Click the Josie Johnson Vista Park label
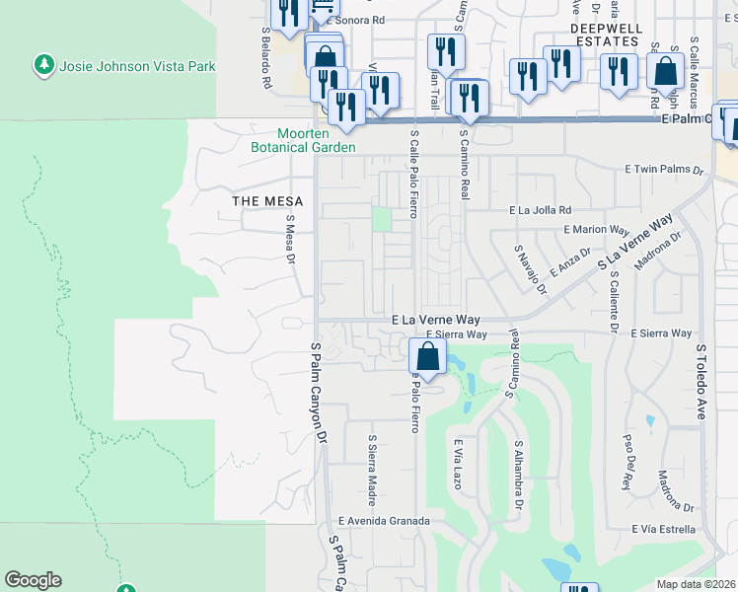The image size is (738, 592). (137, 67)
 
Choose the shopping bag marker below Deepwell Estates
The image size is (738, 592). (666, 71)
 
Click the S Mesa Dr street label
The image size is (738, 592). (290, 241)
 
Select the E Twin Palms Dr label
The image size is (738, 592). (667, 170)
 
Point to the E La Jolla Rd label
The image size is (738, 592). (540, 210)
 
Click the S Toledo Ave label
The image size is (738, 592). (702, 383)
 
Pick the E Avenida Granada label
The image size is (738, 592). (384, 521)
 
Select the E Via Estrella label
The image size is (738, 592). (668, 529)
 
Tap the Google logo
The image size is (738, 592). (33, 580)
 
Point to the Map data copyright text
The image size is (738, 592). (696, 584)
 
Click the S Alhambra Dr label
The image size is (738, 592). (517, 476)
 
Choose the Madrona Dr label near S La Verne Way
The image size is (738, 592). (660, 255)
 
